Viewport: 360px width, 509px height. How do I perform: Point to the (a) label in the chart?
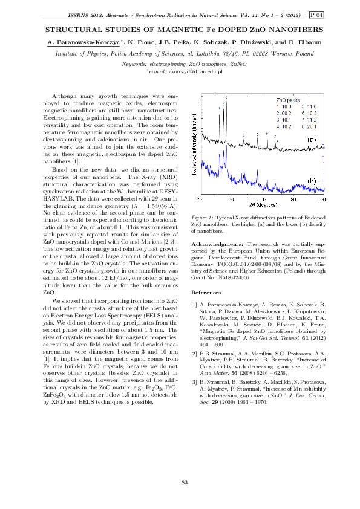click(x=312, y=140)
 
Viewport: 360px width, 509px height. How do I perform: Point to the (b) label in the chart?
click(x=312, y=180)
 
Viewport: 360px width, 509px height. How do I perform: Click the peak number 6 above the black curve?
click(x=266, y=133)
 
